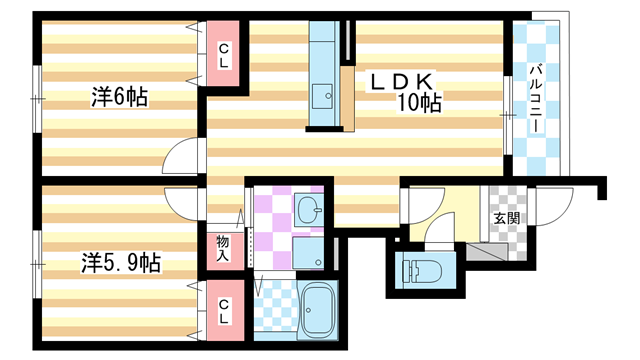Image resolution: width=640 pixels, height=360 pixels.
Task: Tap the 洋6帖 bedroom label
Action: pos(119,97)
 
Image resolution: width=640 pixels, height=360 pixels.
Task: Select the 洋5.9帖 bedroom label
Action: pos(121,262)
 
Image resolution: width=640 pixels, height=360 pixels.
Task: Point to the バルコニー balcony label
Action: pos(536,98)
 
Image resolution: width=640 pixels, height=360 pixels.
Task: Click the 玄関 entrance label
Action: pos(507,218)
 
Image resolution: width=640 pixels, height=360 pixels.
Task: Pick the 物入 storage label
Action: pos(223,248)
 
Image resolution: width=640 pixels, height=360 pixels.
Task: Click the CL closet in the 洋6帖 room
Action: pos(223,55)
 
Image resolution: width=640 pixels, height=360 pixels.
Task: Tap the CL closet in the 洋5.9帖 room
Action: pos(223,311)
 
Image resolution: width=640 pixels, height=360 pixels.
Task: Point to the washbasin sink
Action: pos(309,209)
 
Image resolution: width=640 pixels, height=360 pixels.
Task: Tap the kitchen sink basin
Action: pos(322,96)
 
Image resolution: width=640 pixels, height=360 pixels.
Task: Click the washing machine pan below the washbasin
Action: pos(308,253)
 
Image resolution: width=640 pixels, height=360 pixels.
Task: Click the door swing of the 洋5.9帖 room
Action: pos(181,205)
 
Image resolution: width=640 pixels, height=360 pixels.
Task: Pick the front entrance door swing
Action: pos(553,206)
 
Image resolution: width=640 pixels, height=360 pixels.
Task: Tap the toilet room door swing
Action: pos(440,231)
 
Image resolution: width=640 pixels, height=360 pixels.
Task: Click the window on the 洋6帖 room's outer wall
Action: pos(37,99)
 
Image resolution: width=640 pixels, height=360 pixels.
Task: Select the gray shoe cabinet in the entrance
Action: pos(487,252)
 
